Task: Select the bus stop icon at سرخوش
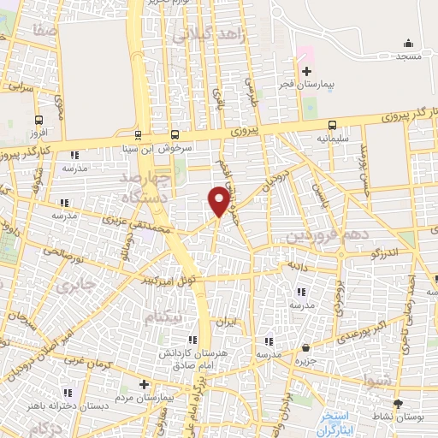pyautogui.click(x=175, y=134)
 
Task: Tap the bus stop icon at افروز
pyautogui.click(x=38, y=121)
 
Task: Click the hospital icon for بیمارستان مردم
pyautogui.click(x=144, y=384)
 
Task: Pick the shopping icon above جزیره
pyautogui.click(x=307, y=347)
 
